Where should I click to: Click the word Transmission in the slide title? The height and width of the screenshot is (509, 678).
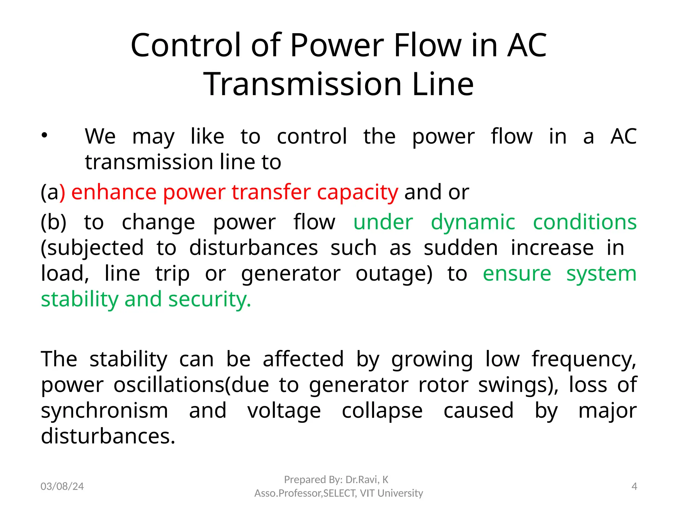coord(302,84)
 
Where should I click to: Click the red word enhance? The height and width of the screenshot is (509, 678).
coord(114,192)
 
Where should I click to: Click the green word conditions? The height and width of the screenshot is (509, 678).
coord(585,222)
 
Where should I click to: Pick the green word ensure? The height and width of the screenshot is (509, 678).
coord(517,274)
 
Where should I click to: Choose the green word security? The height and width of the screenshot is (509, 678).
coord(210,300)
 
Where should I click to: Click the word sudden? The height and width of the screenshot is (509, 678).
coord(460,248)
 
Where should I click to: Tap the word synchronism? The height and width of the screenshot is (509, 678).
coord(105,411)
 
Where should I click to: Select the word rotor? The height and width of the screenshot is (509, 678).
coord(443,385)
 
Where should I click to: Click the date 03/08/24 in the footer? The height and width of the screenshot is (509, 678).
coord(62,486)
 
